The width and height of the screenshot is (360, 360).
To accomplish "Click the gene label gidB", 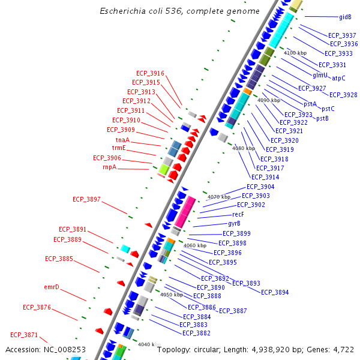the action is click(x=346, y=17).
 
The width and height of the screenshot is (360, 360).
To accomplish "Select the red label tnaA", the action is click(x=122, y=140).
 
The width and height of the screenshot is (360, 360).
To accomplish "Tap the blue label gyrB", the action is click(x=234, y=223).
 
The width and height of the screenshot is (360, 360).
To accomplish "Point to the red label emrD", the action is click(x=52, y=287).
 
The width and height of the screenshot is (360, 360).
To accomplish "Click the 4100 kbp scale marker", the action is click(x=295, y=53).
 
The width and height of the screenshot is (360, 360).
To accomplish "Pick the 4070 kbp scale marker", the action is click(x=219, y=197).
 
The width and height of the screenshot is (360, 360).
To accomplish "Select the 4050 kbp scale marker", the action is click(x=171, y=295).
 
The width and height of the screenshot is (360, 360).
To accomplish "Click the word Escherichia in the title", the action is click(x=124, y=11).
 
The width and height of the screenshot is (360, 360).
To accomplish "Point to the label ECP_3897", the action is click(x=86, y=199).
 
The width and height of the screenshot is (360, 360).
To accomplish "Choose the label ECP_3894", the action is click(x=275, y=292).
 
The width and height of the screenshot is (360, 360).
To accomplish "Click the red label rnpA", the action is click(x=109, y=167).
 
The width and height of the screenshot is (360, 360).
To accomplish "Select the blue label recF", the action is click(x=238, y=214).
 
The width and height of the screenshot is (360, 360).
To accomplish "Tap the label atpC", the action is click(x=338, y=78).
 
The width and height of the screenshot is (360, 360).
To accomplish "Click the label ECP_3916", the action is click(x=150, y=73).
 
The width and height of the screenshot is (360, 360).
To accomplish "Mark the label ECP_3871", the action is click(x=24, y=335).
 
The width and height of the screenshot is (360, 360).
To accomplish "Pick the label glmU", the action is click(x=320, y=75).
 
